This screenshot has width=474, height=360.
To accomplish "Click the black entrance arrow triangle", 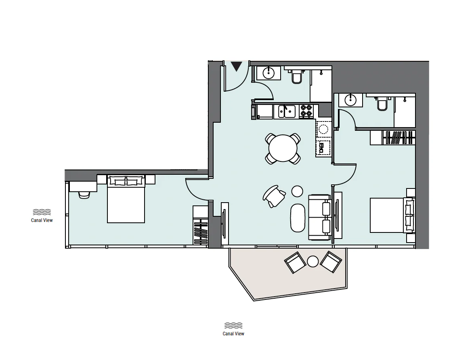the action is coord(237,66).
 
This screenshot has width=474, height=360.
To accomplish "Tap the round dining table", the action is coord(283,149).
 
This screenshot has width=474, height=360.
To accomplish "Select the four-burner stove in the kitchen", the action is coord(306,111).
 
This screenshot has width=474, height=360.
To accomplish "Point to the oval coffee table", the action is coord(298,218).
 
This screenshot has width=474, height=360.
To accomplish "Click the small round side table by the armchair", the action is coord(297,191).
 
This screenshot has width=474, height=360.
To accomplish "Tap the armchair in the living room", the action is coord(274,196).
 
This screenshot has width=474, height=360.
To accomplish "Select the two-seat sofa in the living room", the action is coord(319,217).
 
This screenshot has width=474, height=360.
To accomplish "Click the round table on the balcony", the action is coord(313,262).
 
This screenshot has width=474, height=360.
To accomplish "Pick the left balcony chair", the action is coord(295,262).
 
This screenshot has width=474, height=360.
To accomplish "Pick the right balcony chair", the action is coord(331,262).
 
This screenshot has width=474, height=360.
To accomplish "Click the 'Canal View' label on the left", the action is coord(42,220).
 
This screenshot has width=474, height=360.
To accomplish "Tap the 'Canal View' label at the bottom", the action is coord(233,334).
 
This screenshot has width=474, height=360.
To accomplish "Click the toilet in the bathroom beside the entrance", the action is coord(296,77).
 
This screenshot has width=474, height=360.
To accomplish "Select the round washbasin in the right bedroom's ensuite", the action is coord(350,100).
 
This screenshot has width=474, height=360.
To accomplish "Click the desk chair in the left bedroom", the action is coord(84,195).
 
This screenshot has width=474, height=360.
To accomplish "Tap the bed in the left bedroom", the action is coord(126,199).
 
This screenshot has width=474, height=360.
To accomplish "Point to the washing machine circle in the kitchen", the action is coord(323,130).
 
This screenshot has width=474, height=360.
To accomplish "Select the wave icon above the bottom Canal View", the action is coord(233,326).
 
